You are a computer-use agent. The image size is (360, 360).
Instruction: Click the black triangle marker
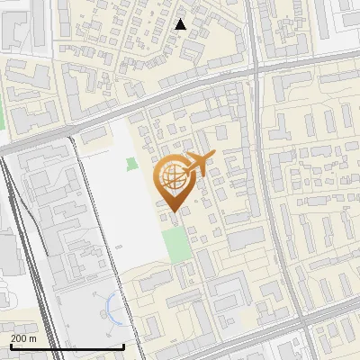(x=181, y=24)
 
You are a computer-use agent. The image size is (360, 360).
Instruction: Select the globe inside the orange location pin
(x=172, y=175)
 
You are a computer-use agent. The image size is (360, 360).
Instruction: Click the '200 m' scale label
(x=23, y=338)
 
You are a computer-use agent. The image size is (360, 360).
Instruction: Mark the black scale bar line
(x=67, y=346)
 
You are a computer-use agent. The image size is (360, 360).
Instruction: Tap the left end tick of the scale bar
(x=11, y=345)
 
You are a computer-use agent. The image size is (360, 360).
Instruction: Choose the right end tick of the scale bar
(x=123, y=345)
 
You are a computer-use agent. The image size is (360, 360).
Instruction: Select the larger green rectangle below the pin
(x=178, y=243)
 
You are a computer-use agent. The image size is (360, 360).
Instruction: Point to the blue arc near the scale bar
(x=109, y=307)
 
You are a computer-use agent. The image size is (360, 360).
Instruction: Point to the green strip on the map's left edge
(x=2, y=117)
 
